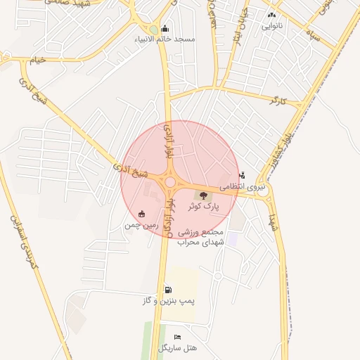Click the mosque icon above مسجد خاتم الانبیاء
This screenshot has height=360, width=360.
[x=165, y=29]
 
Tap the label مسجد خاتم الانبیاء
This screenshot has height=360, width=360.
[x=167, y=39]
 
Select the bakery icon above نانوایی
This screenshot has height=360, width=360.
[x=271, y=15]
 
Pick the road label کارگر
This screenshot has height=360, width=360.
[x=279, y=101]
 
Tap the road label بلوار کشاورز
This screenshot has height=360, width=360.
[x=281, y=149]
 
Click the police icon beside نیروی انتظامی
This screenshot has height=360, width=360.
[x=243, y=176]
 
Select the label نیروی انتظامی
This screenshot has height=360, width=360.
[x=243, y=187]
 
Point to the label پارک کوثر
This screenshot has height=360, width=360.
[x=204, y=207]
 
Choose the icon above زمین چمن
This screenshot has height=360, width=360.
[x=142, y=214]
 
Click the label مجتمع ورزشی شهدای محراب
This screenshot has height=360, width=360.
[x=200, y=237]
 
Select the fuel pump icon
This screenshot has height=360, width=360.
[x=167, y=290]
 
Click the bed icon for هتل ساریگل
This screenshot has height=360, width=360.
[x=177, y=337]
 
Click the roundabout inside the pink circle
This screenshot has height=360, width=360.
[x=170, y=183]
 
